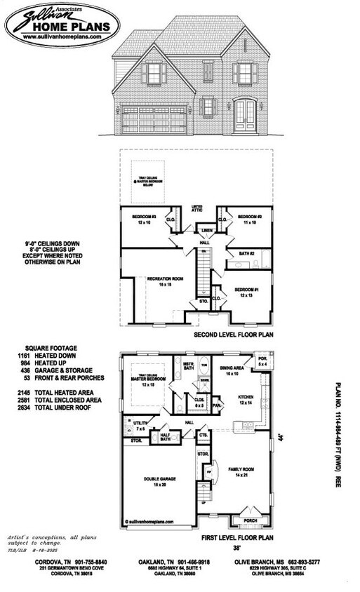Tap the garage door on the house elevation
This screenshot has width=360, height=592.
[155, 119]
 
